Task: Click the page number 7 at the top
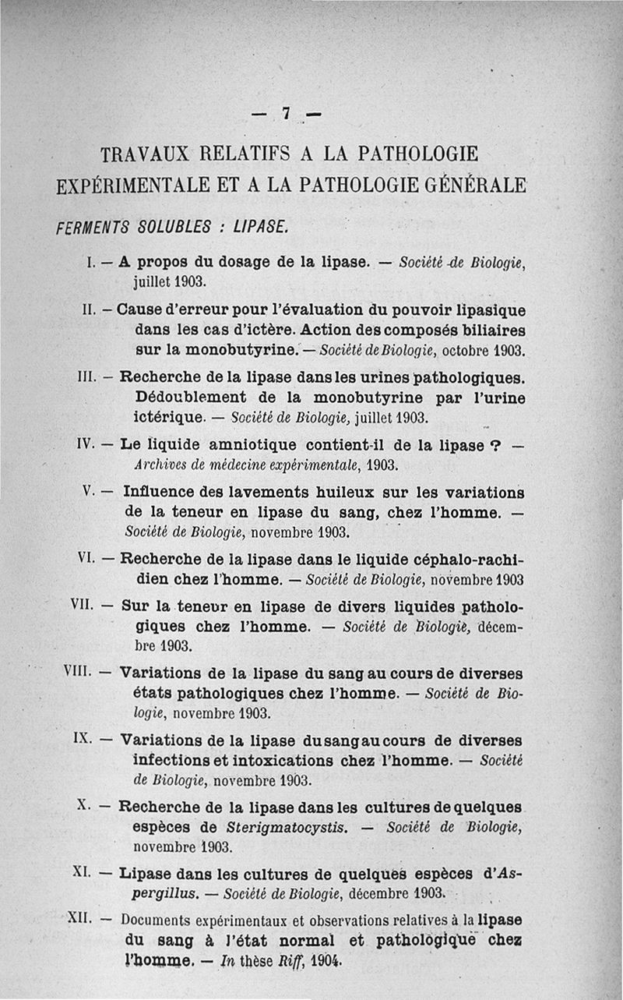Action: pyautogui.click(x=287, y=114)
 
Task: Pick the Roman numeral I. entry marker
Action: pyautogui.click(x=90, y=263)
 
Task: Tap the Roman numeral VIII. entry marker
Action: pyautogui.click(x=78, y=671)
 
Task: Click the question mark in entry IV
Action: pyautogui.click(x=492, y=446)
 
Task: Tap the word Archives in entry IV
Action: pyautogui.click(x=157, y=466)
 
